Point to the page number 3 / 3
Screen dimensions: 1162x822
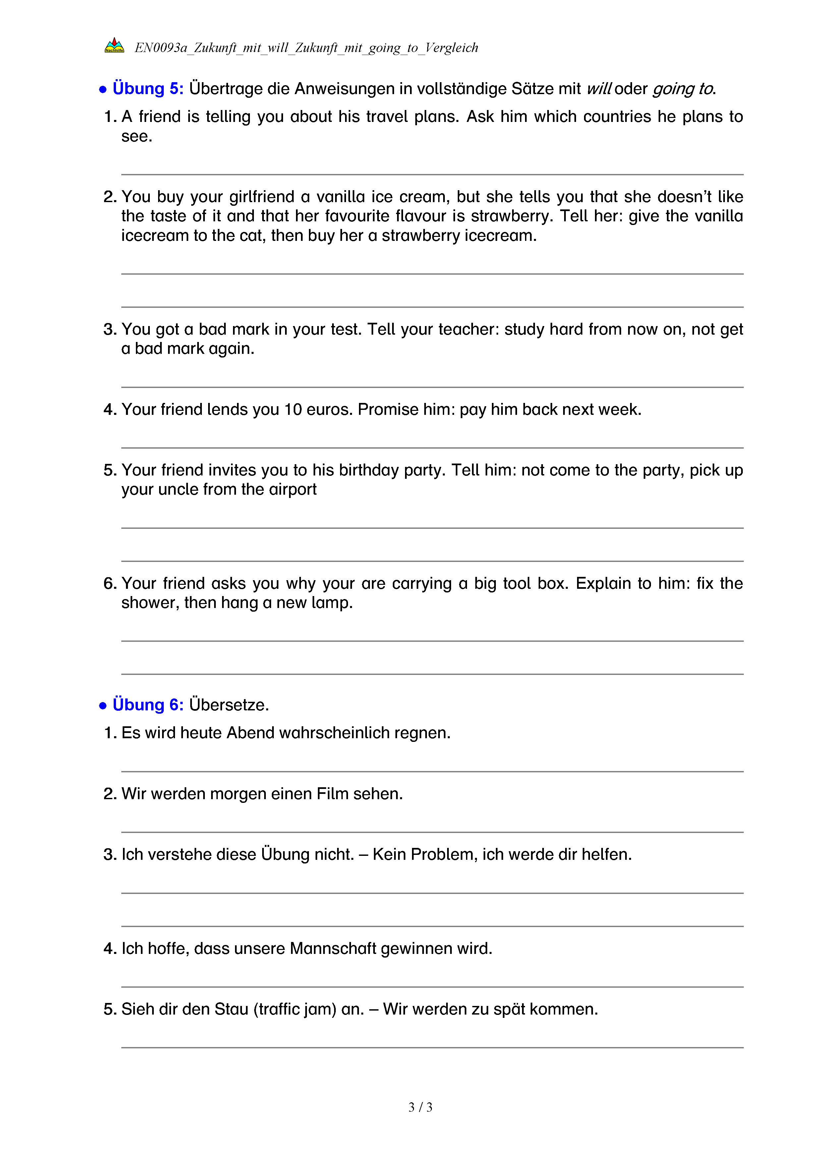pyautogui.click(x=420, y=1107)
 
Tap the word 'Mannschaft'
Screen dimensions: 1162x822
pyautogui.click(x=333, y=948)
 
